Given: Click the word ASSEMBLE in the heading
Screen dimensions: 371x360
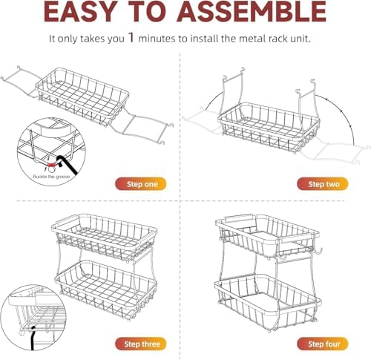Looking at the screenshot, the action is tap(252, 12).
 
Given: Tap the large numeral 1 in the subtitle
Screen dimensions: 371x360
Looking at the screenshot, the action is tap(131, 37).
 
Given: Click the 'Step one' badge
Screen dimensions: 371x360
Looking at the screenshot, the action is tap(141, 184).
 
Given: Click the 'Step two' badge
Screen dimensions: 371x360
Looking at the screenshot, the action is tap(323, 184).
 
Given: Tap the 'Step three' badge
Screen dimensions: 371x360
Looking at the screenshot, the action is tap(141, 344).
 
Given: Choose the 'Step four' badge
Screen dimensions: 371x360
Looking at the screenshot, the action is tap(323, 344).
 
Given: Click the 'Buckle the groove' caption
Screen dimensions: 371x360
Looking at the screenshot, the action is tap(51, 177).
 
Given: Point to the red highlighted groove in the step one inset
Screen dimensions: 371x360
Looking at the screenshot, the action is tap(53, 164).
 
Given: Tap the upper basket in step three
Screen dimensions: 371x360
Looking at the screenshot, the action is tap(104, 237).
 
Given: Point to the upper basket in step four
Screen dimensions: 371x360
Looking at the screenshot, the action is tap(267, 236).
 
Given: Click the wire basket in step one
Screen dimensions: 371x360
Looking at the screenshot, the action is tap(83, 96).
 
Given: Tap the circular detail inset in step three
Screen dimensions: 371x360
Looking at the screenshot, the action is tap(33, 318).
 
